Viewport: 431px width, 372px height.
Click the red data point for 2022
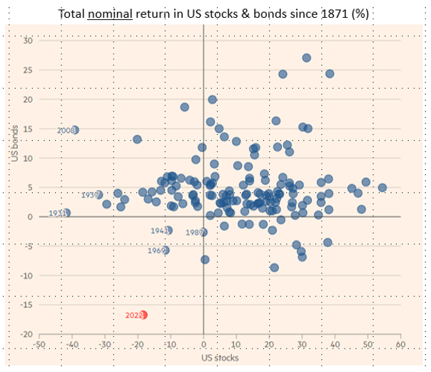(144, 315)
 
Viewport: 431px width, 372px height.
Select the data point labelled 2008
(75, 130)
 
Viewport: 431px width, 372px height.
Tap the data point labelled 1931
(66, 213)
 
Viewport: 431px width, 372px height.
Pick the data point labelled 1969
(166, 251)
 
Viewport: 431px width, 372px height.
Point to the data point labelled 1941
(168, 230)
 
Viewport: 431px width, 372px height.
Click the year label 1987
(195, 233)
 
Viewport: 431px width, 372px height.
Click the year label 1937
(90, 195)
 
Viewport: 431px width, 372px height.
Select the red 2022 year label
(133, 315)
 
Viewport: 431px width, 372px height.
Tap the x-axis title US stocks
(220, 358)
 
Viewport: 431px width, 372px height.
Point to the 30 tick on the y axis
(29, 40)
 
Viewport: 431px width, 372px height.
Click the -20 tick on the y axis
(27, 334)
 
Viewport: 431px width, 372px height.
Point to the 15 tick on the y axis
(29, 129)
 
